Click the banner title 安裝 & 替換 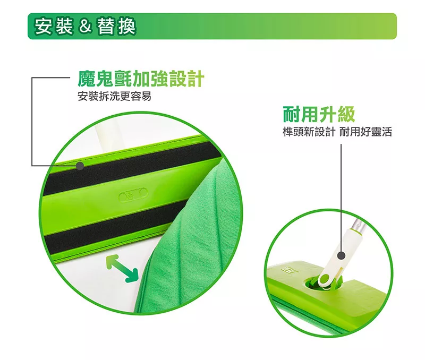point(85,26)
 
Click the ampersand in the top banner point(85,27)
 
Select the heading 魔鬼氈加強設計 point(141,79)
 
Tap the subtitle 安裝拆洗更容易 point(114,96)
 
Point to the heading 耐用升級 point(319,114)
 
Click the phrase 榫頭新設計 point(309,132)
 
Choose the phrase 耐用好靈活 point(365,132)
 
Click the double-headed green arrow point(122,269)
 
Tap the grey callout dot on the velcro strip point(80,166)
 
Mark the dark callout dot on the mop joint point(342,255)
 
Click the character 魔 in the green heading point(87,79)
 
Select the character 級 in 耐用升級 point(346,114)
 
